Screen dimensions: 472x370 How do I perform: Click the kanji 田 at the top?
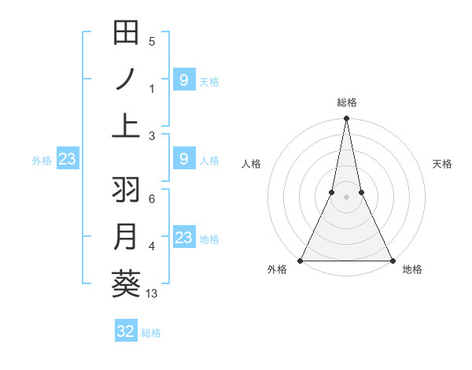coord(126,33)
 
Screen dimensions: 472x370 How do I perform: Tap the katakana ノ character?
coord(126,80)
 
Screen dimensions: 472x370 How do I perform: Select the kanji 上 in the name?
coord(126,126)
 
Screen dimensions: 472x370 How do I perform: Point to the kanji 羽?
coord(126,191)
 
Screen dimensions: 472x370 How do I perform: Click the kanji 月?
coord(126,237)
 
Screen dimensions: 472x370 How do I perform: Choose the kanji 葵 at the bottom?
coord(126,283)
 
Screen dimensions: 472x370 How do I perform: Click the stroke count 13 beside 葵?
coord(152,294)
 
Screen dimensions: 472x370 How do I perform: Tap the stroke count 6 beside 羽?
coord(152,200)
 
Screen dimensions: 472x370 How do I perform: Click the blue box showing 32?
coord(126,331)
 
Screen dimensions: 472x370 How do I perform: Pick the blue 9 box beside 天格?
coord(183,80)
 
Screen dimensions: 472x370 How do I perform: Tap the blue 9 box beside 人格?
coord(183,159)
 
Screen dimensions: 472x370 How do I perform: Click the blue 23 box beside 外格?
coord(67,159)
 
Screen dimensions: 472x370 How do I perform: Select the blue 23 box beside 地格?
coord(183,238)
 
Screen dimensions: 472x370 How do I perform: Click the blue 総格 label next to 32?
coord(151,332)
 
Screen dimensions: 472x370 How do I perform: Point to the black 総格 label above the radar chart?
coord(346,102)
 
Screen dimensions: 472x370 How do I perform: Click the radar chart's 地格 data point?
coord(392,261)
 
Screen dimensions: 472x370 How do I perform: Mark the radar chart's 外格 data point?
coord(301,261)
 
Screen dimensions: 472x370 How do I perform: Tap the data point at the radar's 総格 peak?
coord(346,119)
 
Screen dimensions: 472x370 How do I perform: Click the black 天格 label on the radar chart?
coord(443,164)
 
